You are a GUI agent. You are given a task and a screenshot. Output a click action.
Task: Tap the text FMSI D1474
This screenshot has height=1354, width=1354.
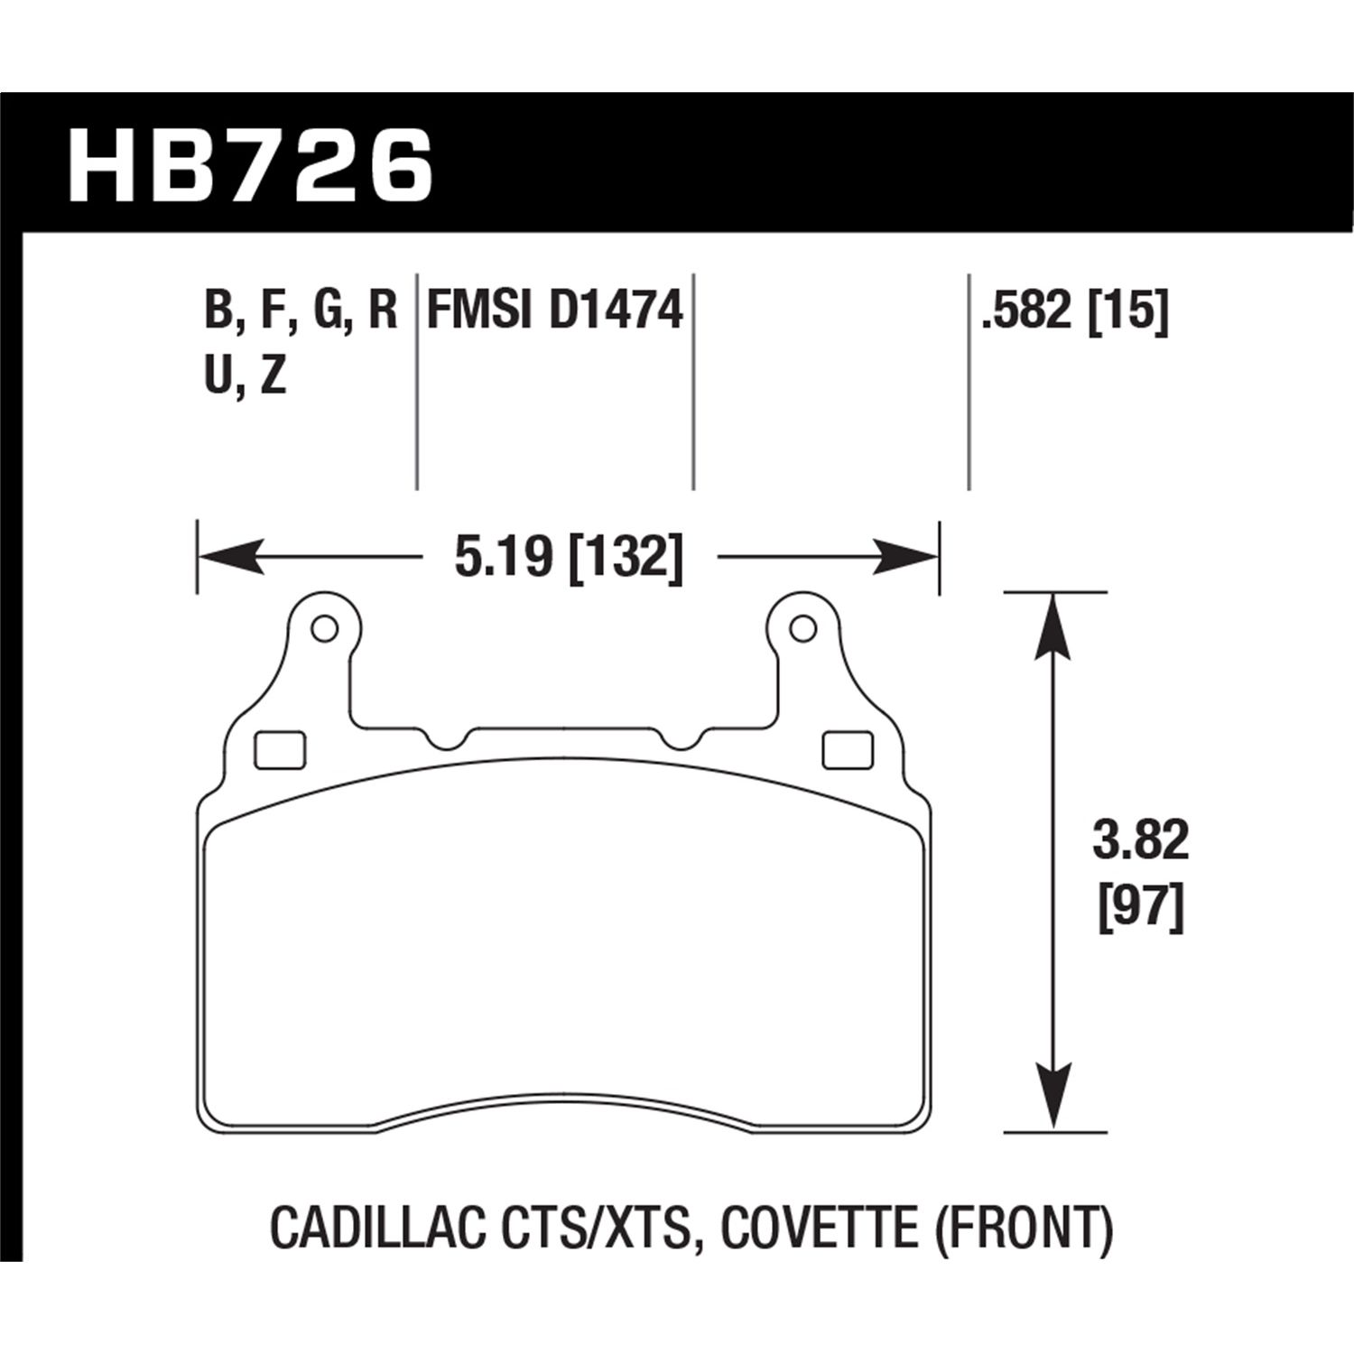click(x=554, y=311)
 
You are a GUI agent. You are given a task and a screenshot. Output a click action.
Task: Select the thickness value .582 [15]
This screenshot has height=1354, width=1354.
click(x=1076, y=311)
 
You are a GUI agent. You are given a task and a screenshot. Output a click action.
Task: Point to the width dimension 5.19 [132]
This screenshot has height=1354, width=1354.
click(x=568, y=557)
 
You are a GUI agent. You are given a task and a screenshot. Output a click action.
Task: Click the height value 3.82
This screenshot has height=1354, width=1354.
click(x=1141, y=843)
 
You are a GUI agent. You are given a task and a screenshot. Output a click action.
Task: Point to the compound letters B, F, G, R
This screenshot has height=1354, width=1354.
click(x=301, y=311)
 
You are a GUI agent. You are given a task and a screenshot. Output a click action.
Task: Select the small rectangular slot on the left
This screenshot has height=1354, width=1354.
click(x=281, y=749)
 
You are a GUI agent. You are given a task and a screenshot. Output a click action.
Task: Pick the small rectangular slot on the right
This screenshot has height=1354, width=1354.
click(x=849, y=749)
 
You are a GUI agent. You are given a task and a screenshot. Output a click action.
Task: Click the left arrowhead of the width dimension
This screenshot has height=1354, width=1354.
click(x=226, y=558)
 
